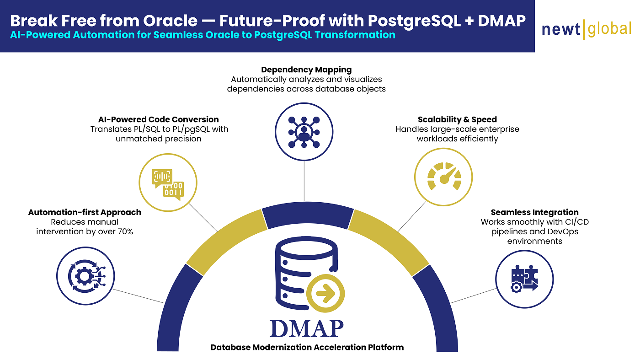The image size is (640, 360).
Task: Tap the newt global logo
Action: pos(586,29)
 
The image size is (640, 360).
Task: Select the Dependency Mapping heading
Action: pos(306,70)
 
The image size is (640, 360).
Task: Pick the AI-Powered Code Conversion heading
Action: pos(159,119)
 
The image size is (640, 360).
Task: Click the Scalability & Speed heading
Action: pos(457,120)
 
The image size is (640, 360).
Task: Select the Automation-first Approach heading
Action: pos(85,212)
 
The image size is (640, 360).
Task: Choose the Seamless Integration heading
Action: pos(534,212)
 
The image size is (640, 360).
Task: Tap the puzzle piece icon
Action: pos(524,279)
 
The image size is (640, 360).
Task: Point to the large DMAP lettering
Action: pos(306,328)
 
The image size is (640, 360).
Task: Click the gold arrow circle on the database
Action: pos(325,293)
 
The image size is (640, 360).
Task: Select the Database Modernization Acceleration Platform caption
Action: pos(307,347)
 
